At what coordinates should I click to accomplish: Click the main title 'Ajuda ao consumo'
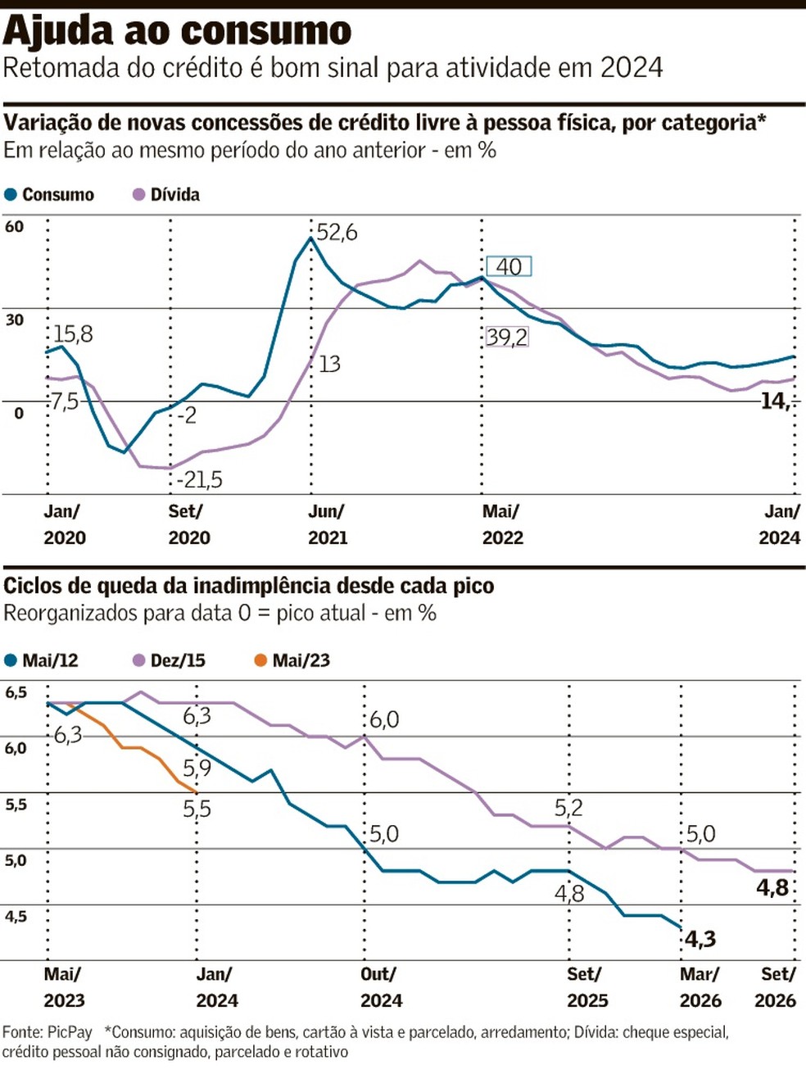pos(177,31)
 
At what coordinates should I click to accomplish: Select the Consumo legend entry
pos(49,195)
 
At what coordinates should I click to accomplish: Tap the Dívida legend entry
pos(166,195)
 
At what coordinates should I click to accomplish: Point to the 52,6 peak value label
pos(337,233)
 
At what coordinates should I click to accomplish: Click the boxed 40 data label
pos(509,266)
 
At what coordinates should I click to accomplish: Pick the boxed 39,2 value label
pos(507,337)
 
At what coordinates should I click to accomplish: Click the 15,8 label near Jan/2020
pos(73,334)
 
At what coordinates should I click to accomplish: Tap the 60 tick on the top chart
pos(15,227)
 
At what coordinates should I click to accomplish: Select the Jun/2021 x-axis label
pos(327,524)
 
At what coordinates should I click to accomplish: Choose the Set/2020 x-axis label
pos(188,524)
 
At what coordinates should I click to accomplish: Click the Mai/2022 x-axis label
pos(502,524)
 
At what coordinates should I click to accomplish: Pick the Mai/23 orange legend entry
pos(292,660)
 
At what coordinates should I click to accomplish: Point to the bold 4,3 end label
pos(700,939)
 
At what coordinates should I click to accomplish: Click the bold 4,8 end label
pos(772,887)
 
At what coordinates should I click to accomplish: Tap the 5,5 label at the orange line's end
pos(197,809)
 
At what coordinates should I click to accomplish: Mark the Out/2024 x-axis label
pos(381,987)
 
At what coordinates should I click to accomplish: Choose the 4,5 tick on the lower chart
pos(16,917)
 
